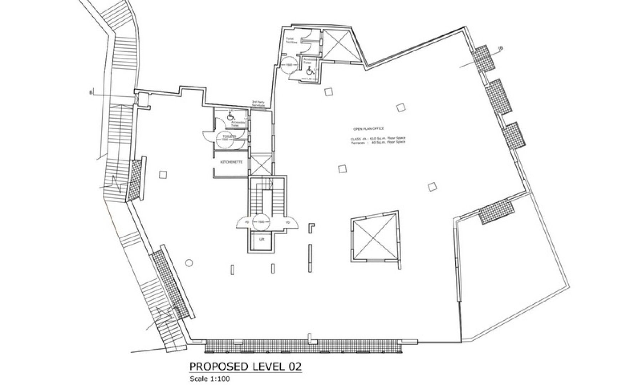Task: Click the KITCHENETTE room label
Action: click(x=231, y=162)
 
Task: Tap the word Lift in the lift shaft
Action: click(x=261, y=240)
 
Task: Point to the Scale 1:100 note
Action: click(x=209, y=379)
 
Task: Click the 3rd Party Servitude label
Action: click(x=258, y=104)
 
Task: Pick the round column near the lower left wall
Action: click(x=189, y=263)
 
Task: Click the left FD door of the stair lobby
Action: click(x=246, y=222)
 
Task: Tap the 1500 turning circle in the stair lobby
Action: click(x=261, y=222)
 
